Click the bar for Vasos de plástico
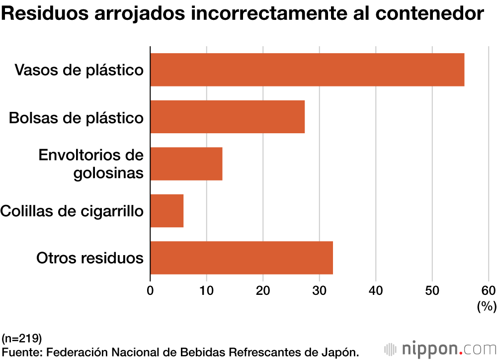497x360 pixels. [x=307, y=70]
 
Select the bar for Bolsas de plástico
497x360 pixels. [x=227, y=117]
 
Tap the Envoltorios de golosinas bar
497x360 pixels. [x=186, y=164]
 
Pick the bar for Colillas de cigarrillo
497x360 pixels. [x=166, y=211]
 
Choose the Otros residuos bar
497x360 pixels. [x=241, y=258]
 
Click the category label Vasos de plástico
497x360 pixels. [x=79, y=70]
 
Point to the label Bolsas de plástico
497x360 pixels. [x=77, y=118]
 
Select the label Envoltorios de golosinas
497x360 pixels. [x=91, y=164]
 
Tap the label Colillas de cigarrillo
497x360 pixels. [x=72, y=211]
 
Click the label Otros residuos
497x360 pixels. [x=90, y=258]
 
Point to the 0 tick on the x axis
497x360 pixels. [x=151, y=290]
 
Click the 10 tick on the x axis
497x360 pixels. [x=207, y=290]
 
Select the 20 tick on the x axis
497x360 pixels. [x=263, y=290]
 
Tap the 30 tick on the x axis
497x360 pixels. [x=320, y=290]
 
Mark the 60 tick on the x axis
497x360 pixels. [x=489, y=290]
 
